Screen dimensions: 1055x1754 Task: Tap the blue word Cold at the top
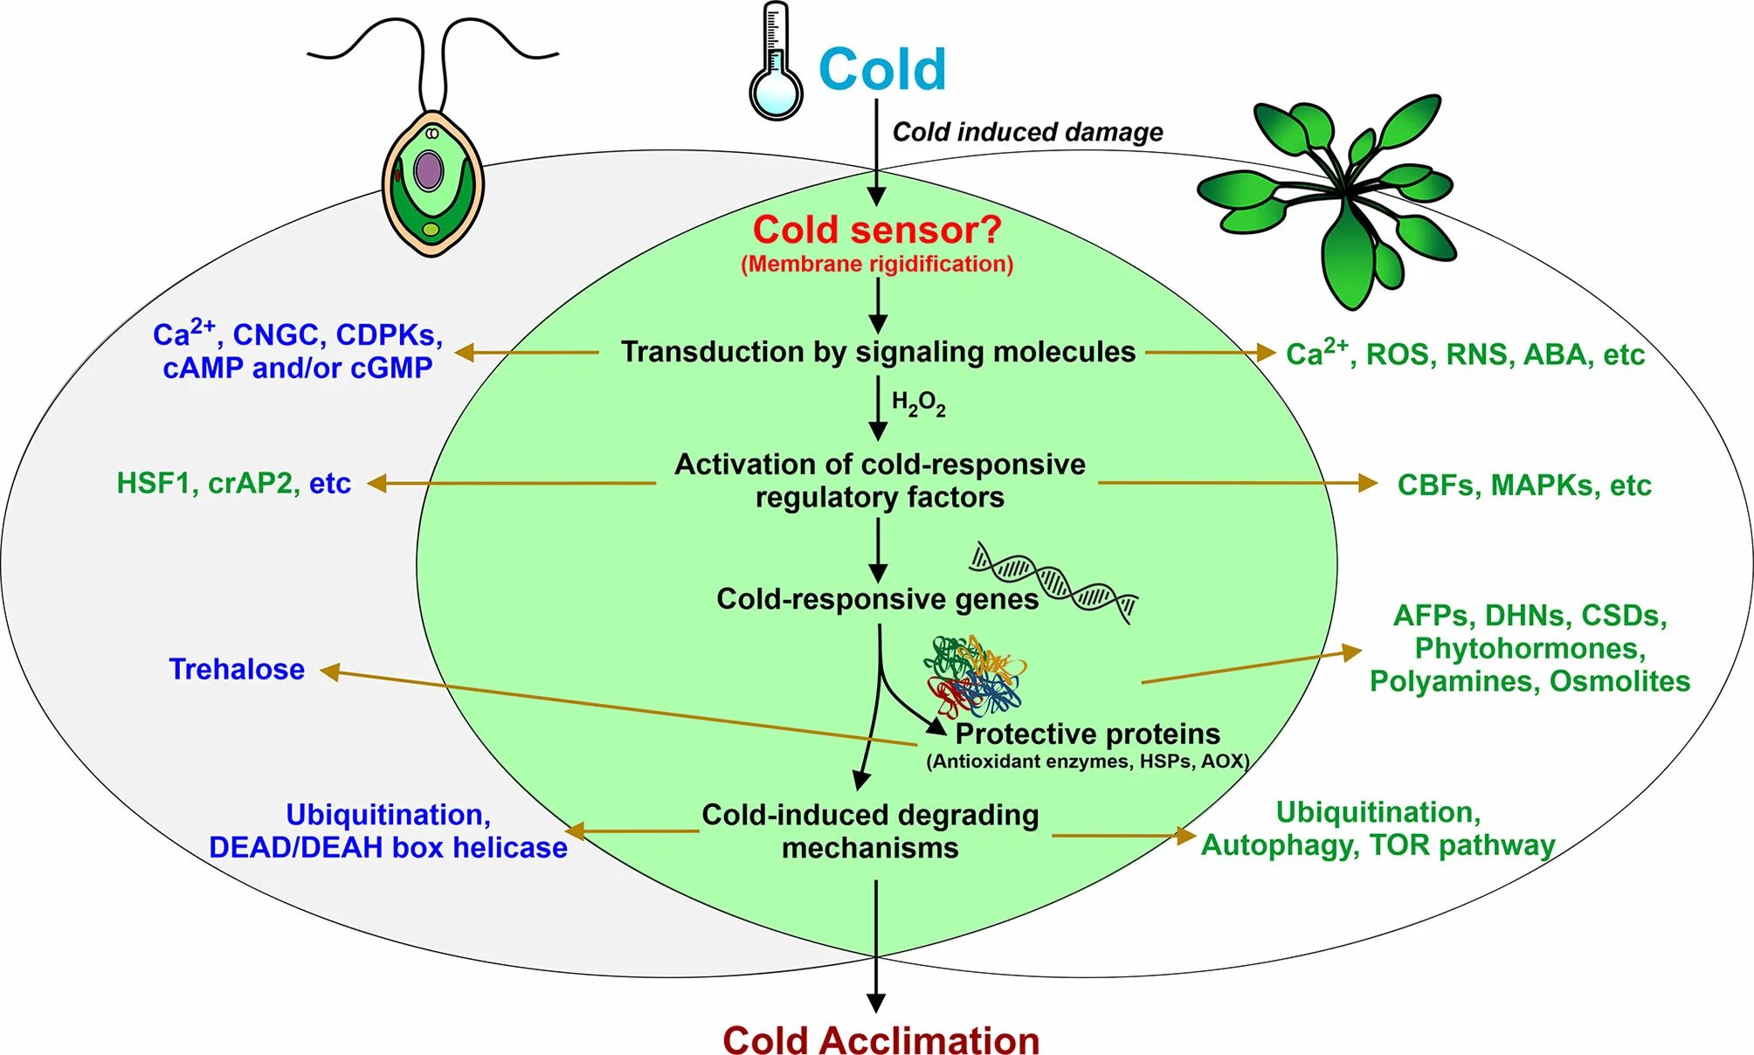click(882, 69)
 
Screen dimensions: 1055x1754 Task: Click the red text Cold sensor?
click(877, 230)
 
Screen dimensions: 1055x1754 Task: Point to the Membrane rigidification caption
click(877, 264)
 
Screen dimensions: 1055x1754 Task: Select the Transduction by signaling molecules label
click(878, 352)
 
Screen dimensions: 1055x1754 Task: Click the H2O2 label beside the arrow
click(918, 403)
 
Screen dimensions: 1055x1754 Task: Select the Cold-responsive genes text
click(877, 599)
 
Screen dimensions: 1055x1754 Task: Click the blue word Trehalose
click(237, 669)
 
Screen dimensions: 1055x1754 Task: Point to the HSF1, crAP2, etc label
click(233, 483)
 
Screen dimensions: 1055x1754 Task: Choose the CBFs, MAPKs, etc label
click(1524, 485)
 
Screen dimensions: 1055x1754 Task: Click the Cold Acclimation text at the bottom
click(880, 1039)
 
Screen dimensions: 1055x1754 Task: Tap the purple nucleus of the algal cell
click(428, 170)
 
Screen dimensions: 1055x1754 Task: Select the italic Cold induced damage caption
click(1027, 132)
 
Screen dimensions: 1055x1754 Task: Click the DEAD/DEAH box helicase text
click(388, 847)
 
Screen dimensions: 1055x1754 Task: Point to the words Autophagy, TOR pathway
click(1378, 845)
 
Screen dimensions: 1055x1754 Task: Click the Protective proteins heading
click(1088, 734)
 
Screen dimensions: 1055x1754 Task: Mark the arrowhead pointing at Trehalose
click(329, 672)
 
